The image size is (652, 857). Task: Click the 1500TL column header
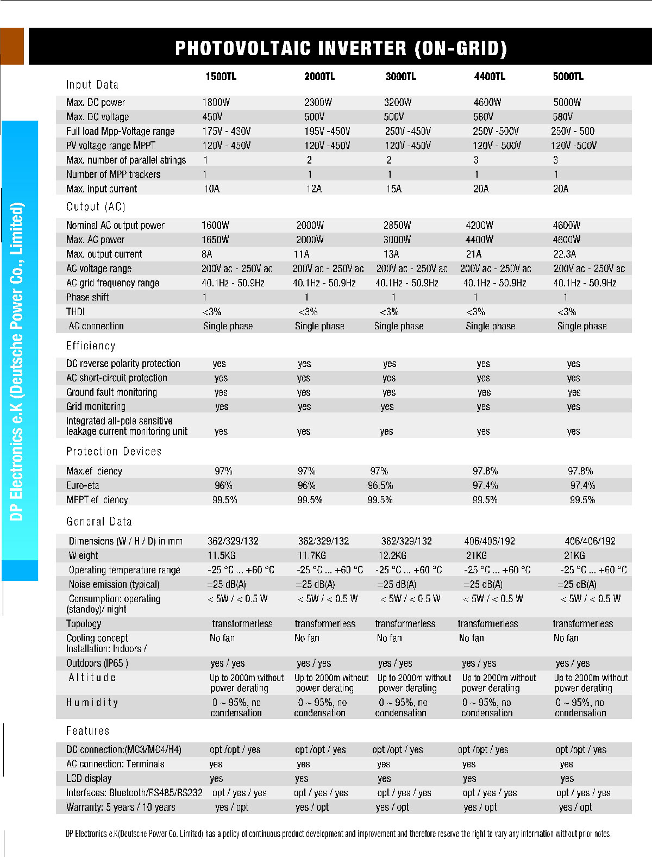tap(221, 77)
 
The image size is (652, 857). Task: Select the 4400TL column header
tap(489, 77)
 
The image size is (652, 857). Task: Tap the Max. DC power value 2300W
tap(318, 102)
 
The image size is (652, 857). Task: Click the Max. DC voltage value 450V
tap(212, 117)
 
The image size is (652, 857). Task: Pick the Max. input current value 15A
tap(393, 189)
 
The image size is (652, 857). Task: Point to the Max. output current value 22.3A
tap(565, 254)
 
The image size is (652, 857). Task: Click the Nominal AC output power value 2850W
tap(397, 225)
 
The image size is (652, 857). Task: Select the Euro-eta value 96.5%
tap(380, 485)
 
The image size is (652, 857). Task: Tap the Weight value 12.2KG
tap(392, 555)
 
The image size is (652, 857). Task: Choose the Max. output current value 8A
tap(207, 254)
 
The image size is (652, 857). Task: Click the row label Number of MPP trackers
tap(113, 174)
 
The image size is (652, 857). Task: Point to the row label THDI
tap(75, 311)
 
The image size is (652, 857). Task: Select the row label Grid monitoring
tap(96, 406)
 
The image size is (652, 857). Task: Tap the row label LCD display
tap(89, 778)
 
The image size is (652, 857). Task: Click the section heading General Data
tap(99, 522)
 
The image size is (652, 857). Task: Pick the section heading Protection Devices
tap(114, 452)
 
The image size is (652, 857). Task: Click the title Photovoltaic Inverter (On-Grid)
tap(341, 48)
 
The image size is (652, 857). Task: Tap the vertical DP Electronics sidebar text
tap(17, 361)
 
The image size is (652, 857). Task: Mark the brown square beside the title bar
tap(12, 46)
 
